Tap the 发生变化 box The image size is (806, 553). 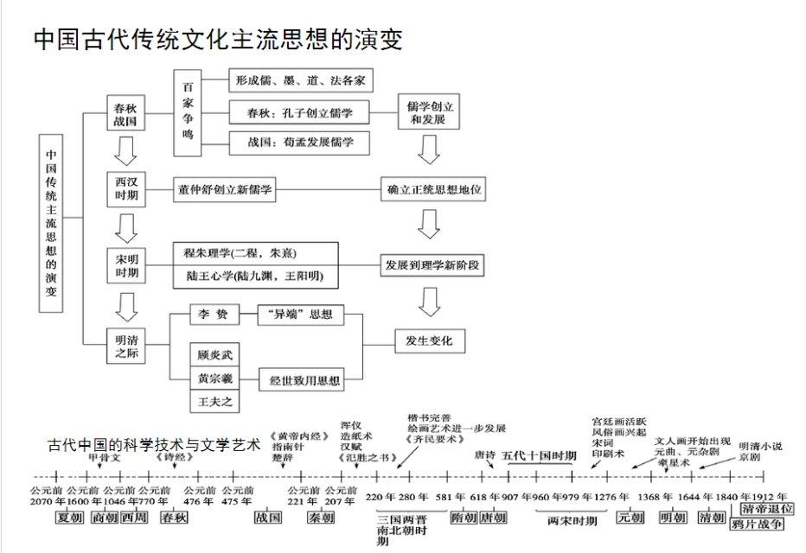[430, 340]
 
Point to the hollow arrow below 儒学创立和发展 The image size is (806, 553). [430, 150]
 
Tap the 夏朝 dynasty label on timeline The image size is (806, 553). [69, 518]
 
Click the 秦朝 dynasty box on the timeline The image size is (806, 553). [321, 518]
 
